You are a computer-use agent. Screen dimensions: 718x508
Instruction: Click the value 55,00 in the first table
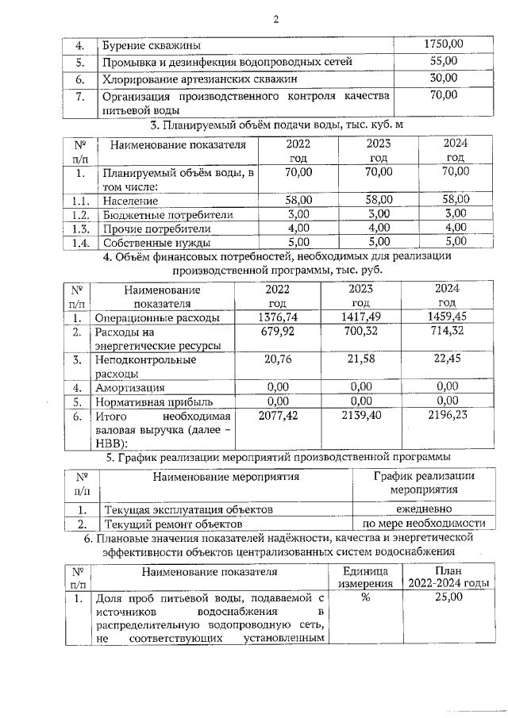[444, 61]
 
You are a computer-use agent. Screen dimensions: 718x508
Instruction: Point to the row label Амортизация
[130, 387]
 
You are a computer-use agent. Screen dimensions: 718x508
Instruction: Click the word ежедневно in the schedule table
[423, 509]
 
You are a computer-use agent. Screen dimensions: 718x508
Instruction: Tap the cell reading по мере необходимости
[423, 524]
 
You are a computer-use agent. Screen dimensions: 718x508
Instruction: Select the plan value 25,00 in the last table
[448, 597]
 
